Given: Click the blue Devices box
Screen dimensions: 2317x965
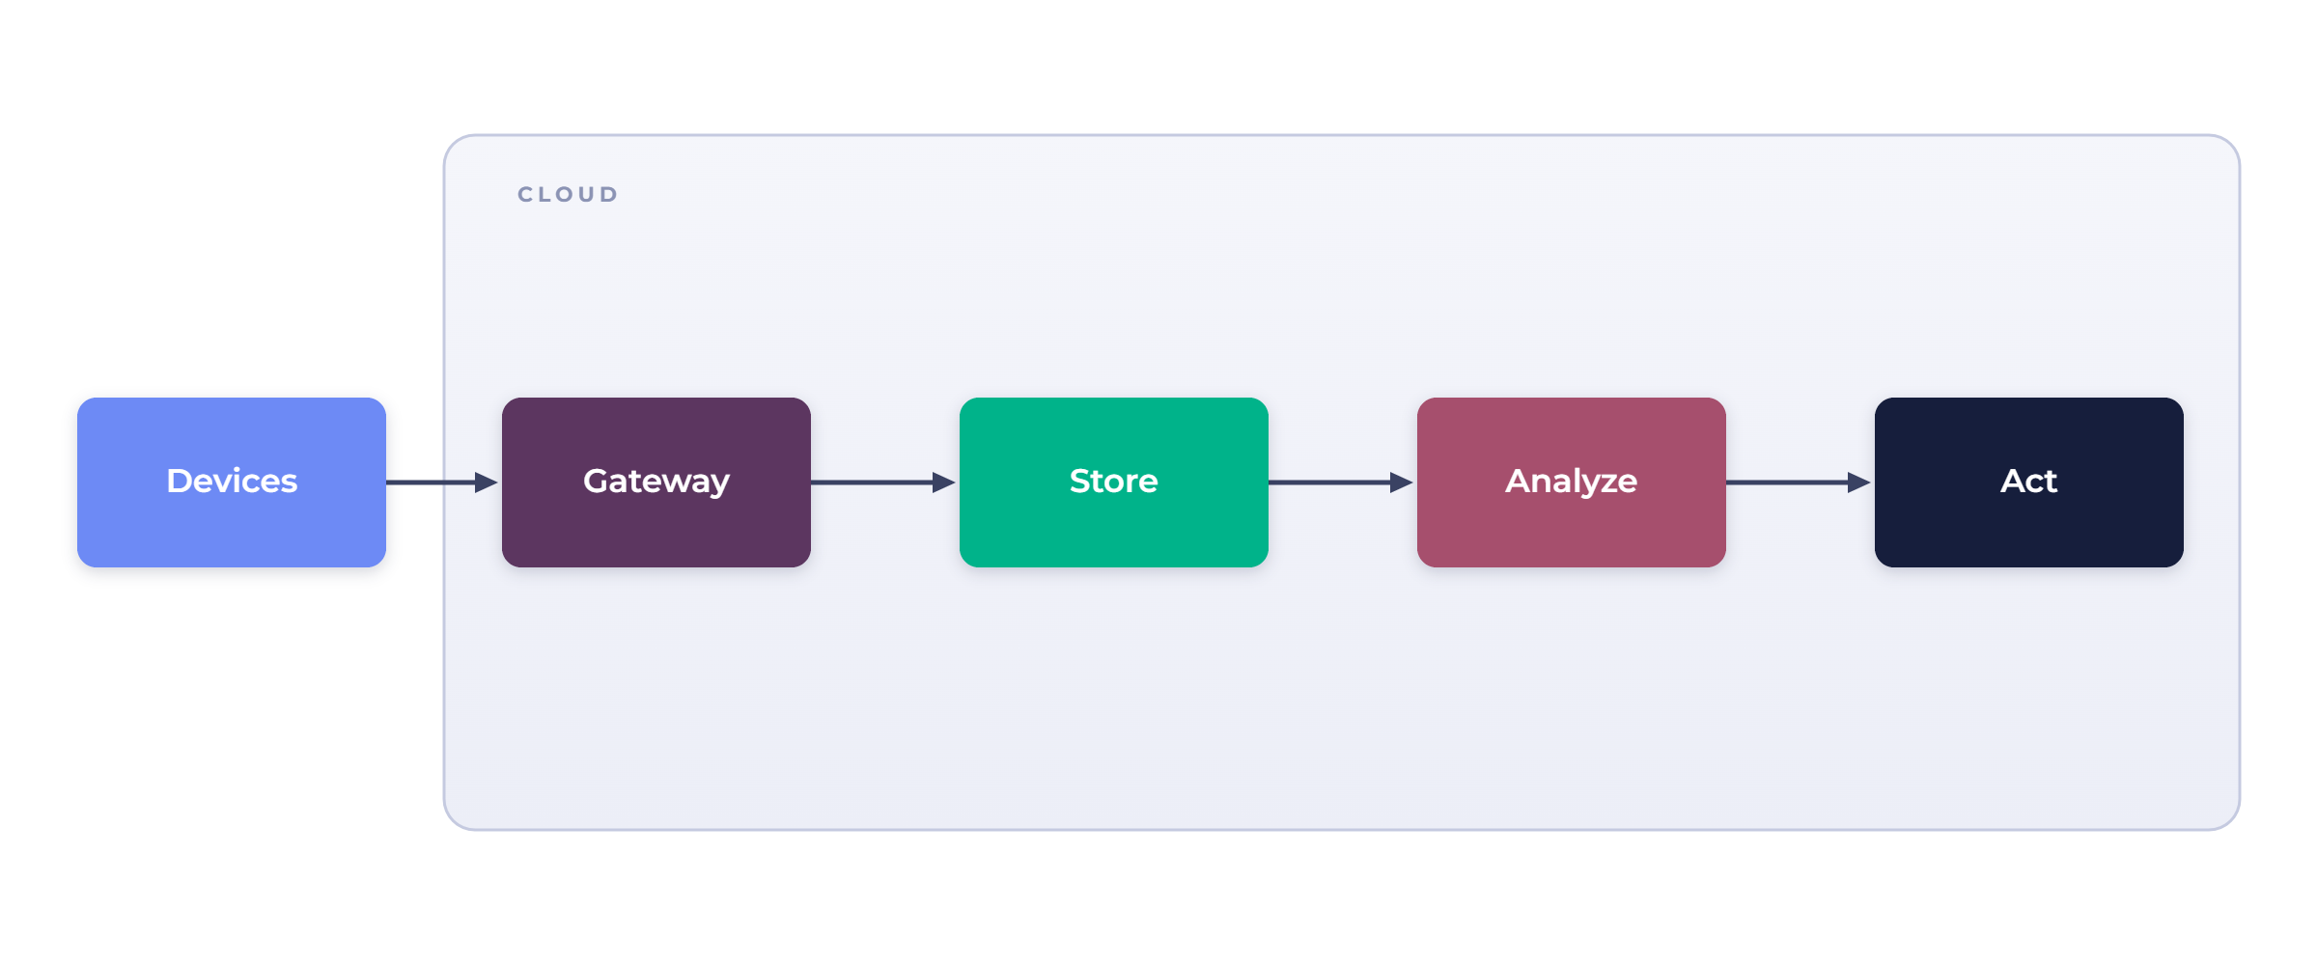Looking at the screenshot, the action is (232, 482).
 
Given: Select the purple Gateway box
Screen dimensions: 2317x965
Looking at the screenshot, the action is (656, 482).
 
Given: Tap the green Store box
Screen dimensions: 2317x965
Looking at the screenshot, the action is (1114, 482).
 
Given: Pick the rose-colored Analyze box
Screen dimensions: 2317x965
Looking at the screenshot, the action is (1572, 482).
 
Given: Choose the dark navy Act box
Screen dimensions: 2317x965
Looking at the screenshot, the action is (2029, 482).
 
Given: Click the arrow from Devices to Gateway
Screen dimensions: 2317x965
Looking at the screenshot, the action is (442, 482).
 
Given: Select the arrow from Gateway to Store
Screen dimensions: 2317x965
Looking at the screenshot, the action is (883, 482).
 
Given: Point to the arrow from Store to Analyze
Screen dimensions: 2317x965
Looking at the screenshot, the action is (1341, 482).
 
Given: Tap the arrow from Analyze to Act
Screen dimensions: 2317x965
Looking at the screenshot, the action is (1799, 482).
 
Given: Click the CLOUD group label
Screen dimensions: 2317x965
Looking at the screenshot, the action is (568, 195).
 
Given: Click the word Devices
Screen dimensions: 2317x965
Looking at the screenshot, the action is (232, 481).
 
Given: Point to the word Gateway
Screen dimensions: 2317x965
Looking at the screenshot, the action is (656, 482).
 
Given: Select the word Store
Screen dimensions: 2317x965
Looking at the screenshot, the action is (1114, 481).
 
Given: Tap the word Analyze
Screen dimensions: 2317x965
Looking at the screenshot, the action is (1572, 482).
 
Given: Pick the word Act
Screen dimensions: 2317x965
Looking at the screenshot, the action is (2029, 481).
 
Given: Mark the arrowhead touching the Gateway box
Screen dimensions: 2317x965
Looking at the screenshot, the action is (488, 482).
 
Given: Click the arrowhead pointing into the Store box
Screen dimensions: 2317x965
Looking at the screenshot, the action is (945, 482).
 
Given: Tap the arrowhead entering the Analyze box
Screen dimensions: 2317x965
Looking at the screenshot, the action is (1403, 482).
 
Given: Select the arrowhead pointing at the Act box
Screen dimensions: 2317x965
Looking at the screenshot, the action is (1860, 482).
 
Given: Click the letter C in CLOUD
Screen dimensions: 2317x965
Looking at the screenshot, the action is (526, 195).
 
